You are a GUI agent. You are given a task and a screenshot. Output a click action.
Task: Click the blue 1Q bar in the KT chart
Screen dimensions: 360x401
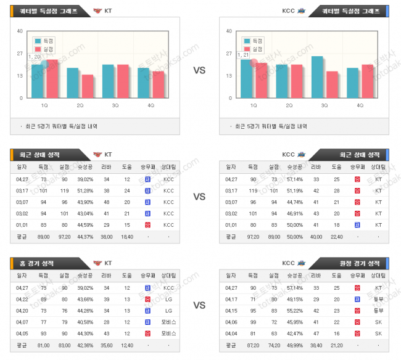click(38, 81)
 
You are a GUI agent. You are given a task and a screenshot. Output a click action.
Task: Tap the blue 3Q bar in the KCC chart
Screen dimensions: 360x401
click(317, 77)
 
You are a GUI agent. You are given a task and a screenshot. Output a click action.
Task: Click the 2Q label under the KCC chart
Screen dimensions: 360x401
click(289, 105)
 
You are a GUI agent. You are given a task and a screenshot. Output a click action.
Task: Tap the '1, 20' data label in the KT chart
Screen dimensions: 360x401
click(35, 57)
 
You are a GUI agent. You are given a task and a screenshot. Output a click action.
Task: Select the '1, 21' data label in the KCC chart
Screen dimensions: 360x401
click(243, 55)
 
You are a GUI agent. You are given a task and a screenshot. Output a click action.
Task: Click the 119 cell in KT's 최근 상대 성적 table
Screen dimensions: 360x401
click(65, 191)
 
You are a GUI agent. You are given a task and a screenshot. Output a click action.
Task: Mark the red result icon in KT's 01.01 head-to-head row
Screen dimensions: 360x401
click(147, 225)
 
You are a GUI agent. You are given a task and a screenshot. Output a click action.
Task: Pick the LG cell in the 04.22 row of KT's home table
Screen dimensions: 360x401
click(168, 299)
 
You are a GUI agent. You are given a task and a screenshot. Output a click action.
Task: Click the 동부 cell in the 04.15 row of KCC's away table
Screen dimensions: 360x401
click(378, 310)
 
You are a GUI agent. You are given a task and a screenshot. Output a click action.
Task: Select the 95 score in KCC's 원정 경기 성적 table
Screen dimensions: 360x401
click(252, 310)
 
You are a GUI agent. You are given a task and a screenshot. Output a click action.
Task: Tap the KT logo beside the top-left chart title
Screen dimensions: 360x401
click(97, 11)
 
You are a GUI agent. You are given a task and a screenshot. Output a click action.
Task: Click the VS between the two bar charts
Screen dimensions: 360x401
click(199, 70)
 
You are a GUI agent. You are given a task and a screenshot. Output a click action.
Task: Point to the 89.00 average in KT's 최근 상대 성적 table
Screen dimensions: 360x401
click(43, 236)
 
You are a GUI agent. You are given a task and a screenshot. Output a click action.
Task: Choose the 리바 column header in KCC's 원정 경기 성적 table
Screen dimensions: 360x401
click(316, 276)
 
